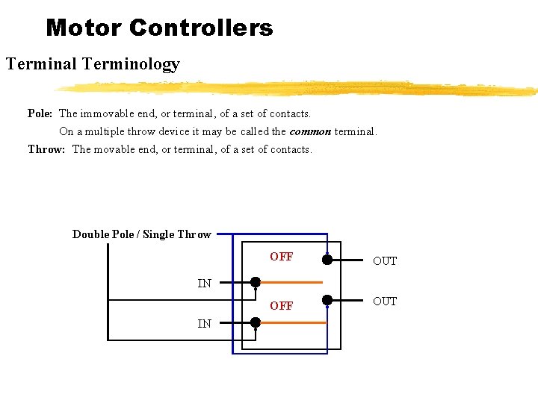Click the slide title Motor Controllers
click(159, 28)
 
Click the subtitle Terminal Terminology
click(93, 64)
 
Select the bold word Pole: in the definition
click(40, 113)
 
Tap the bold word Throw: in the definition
click(46, 149)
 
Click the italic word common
click(310, 131)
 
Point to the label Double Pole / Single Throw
click(141, 234)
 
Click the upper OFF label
click(282, 257)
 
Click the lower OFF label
click(282, 306)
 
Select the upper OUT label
click(385, 261)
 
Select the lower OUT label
click(385, 302)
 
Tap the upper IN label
click(204, 284)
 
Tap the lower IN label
click(204, 324)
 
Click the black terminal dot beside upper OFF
click(327, 260)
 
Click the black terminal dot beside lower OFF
click(327, 300)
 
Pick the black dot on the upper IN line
click(256, 282)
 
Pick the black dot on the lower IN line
click(256, 322)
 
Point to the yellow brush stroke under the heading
click(299, 88)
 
